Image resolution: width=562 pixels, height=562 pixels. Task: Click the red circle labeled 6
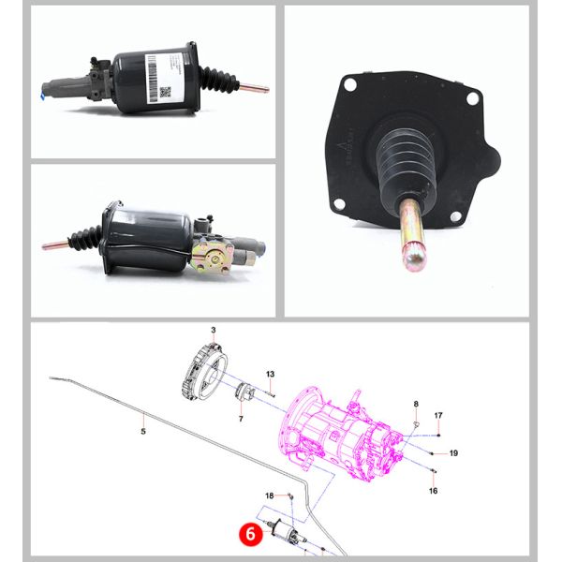[248, 533]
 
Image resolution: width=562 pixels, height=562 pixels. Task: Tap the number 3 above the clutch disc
[213, 332]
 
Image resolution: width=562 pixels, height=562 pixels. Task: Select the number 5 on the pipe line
[143, 432]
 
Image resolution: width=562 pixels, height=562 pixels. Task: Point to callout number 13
[270, 375]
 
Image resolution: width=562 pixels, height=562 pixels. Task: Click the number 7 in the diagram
[241, 418]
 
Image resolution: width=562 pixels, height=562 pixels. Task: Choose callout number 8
[416, 405]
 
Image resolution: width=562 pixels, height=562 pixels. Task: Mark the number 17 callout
[437, 415]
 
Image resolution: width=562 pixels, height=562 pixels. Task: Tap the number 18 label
[270, 495]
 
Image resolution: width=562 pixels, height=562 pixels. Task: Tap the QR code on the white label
[166, 92]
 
